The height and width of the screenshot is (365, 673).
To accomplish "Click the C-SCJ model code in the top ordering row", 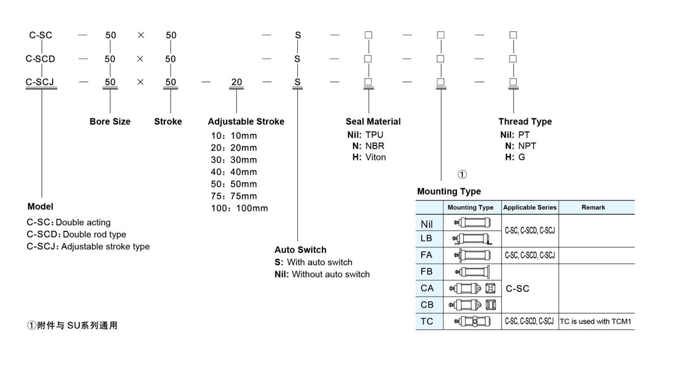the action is pos(40,82).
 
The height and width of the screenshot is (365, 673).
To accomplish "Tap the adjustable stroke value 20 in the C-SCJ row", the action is pos(237,82).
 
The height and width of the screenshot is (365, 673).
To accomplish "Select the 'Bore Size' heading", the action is pos(110,121).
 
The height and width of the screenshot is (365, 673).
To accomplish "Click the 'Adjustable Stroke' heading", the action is pos(246,121).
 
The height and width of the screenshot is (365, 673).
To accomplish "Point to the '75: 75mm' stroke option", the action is pos(234,196).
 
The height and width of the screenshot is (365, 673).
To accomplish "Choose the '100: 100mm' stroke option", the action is pos(239,208).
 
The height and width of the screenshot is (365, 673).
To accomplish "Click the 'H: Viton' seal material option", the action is pos(369,157).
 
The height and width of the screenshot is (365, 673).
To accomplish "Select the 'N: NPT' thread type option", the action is pos(520,146).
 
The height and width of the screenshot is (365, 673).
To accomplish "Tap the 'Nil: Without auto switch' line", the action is pos(322,275).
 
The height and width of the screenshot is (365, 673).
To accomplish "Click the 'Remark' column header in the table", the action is pos(593,207).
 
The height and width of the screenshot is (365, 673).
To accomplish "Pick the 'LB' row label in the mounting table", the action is pos(426,238).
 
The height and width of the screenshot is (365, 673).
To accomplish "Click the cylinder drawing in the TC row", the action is pos(472,321).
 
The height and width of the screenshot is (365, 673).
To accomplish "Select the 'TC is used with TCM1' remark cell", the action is pos(596,321).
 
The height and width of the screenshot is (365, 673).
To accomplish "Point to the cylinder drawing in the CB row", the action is pos(472,305).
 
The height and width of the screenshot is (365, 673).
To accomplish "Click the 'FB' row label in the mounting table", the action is pos(427,272).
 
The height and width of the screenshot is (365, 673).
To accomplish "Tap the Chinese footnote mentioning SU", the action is pos(72,325).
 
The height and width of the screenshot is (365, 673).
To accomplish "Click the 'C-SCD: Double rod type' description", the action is pos(76,234).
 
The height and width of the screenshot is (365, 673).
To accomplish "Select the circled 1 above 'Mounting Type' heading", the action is pos(462,175).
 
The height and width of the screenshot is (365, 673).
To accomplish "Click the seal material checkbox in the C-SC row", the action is pos(368,35).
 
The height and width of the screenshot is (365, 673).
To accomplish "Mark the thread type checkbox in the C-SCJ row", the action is pos(513,82).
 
